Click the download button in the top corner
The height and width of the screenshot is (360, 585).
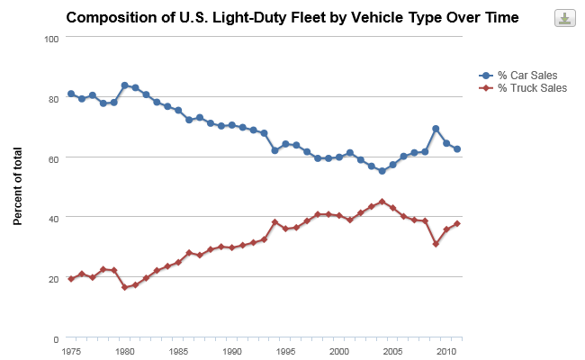click(x=564, y=18)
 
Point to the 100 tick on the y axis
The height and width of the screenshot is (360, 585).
click(x=52, y=38)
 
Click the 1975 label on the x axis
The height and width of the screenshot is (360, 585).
click(x=72, y=351)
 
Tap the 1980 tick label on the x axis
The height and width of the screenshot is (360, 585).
click(x=125, y=351)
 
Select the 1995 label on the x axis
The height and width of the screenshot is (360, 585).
click(x=285, y=351)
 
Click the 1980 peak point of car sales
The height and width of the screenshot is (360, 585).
click(x=124, y=85)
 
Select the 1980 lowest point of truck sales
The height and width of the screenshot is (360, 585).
click(x=124, y=287)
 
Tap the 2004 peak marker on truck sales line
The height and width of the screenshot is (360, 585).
click(x=382, y=202)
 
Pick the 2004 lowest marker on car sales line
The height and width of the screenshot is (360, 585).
click(x=382, y=171)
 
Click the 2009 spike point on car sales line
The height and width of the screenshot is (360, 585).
click(x=436, y=129)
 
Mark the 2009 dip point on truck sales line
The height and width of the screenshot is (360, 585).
click(x=436, y=244)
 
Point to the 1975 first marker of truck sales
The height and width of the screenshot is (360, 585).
click(x=71, y=279)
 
